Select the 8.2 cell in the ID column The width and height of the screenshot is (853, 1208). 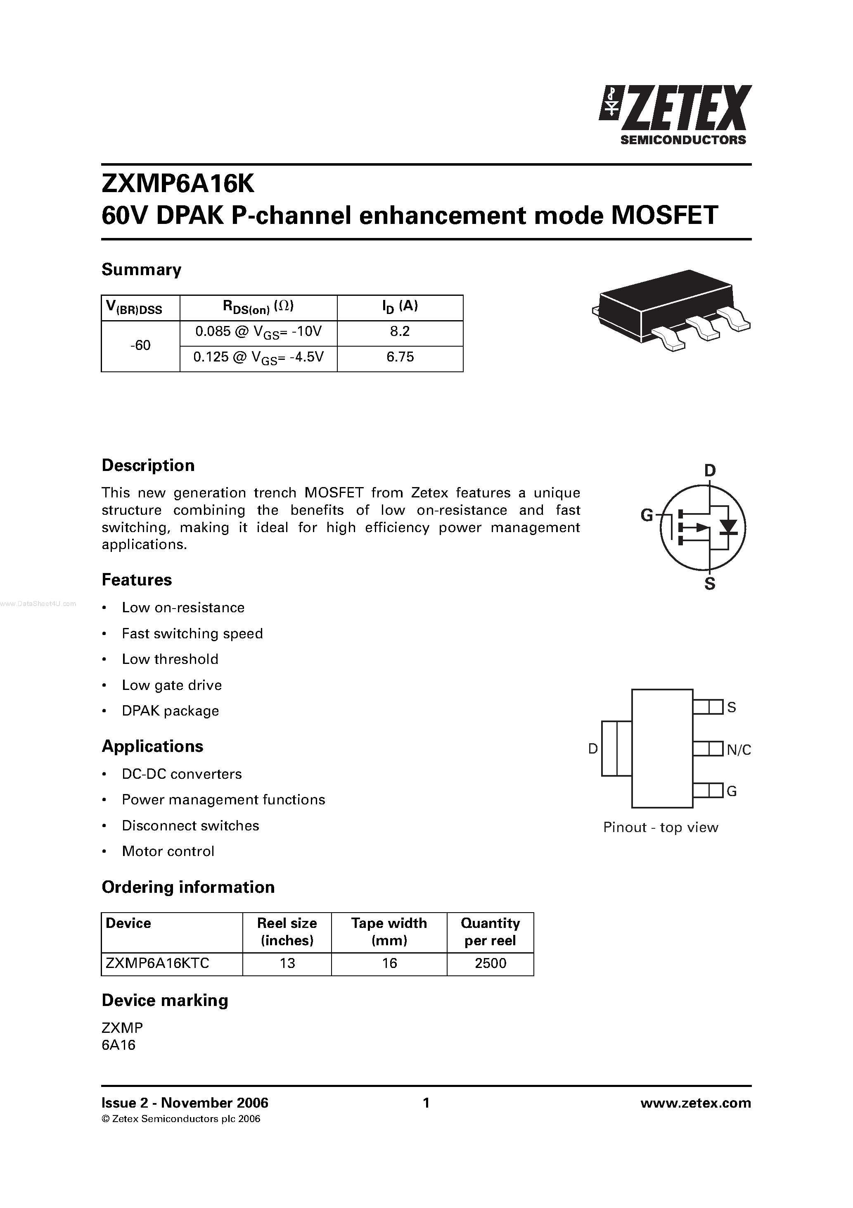coord(400,331)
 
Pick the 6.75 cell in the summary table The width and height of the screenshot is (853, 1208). coord(400,357)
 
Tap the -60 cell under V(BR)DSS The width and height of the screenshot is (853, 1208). coord(140,345)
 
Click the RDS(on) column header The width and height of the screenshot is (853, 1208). coord(258,307)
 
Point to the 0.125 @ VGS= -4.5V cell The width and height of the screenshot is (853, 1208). coord(258,358)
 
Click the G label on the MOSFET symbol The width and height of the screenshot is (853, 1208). coord(646,515)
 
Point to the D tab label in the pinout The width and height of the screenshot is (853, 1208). coord(593,749)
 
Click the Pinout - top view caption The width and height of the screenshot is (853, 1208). coord(660,828)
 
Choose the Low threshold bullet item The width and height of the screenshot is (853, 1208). coord(170,659)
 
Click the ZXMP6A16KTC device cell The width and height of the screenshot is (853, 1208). coord(157,963)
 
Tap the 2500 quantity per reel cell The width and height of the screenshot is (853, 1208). coord(490,963)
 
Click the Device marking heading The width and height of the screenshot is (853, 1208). coord(165,1000)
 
